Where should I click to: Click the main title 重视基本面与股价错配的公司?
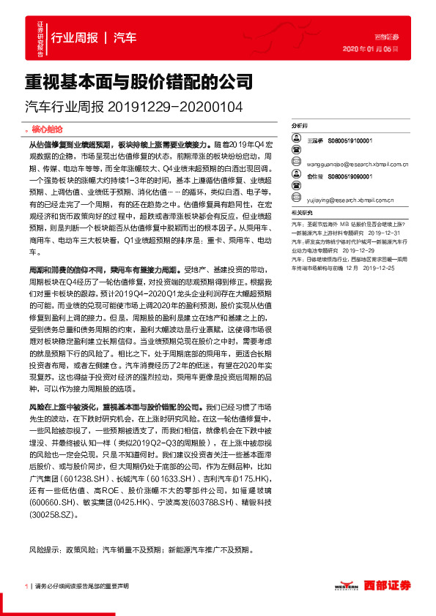(x=138, y=80)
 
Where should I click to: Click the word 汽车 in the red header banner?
(x=125, y=38)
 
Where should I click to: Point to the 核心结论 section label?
(x=49, y=127)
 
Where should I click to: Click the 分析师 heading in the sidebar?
(x=299, y=126)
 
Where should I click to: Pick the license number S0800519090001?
(x=350, y=176)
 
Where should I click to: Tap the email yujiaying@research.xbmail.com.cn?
(x=349, y=199)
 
